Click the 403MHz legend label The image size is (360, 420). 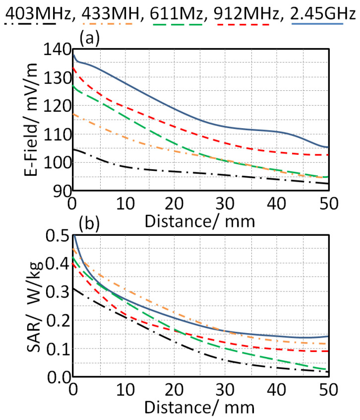tap(38, 9)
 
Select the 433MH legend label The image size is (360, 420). tap(108, 9)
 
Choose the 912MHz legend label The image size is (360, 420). tap(241, 9)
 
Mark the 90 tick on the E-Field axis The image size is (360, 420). tap(59, 191)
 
